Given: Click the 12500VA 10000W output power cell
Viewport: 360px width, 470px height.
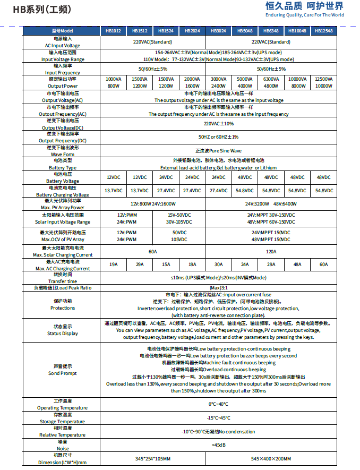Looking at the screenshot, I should coord(323,82).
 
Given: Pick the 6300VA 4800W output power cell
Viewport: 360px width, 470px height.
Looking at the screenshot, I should coord(271,82).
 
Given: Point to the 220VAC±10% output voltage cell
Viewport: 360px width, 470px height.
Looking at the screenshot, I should coord(218,123).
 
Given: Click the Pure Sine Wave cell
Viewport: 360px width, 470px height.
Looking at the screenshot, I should coord(218,151).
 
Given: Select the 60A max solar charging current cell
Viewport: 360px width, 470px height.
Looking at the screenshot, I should coord(152,251).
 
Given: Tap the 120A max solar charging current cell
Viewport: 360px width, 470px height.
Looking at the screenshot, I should coord(271,251).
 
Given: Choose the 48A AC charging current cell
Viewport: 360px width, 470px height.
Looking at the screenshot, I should coord(297,264).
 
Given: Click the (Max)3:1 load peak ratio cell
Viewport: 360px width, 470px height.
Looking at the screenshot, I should coord(218,287).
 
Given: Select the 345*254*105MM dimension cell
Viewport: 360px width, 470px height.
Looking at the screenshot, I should coord(152,458).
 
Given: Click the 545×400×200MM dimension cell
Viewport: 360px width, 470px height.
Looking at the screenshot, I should coord(271,458).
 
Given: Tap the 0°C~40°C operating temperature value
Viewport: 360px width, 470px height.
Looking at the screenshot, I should coord(218,404).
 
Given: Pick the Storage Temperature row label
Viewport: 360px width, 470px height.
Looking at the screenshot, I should coord(62,417).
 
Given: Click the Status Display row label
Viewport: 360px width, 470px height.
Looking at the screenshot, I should coord(62,330).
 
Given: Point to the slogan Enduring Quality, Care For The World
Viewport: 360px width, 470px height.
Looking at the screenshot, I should coord(305,15).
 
